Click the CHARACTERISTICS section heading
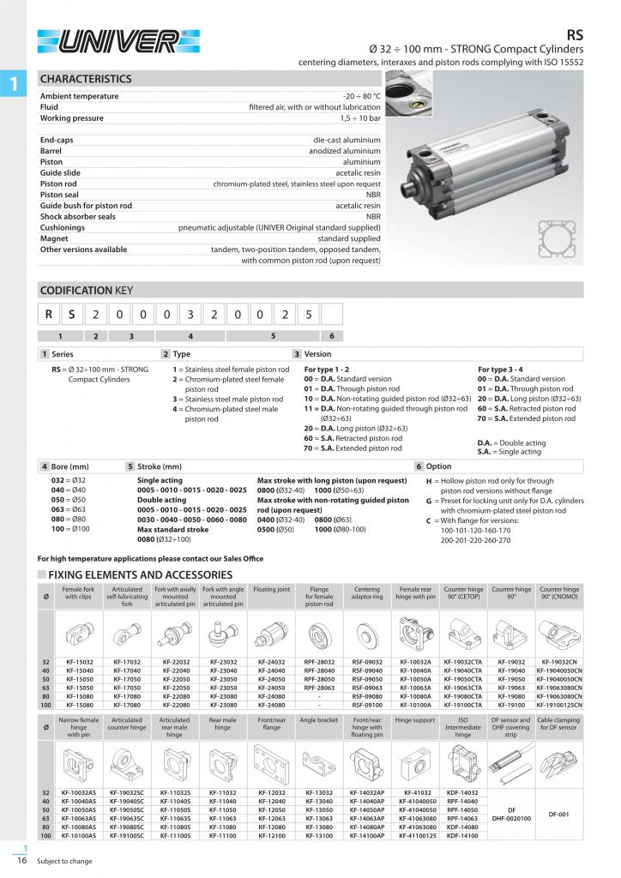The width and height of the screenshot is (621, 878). coord(86,79)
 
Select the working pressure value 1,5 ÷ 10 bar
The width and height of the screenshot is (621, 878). coord(359,118)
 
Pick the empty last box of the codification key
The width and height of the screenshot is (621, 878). coord(331,316)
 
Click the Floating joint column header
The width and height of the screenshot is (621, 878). coord(272,591)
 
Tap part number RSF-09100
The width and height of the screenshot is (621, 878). coord(368,705)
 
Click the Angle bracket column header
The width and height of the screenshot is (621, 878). coord(319,721)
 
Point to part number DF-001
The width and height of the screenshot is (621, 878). coord(559,814)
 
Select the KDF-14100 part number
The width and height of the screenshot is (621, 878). coord(463,834)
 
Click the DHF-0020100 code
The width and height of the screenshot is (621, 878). coord(511,818)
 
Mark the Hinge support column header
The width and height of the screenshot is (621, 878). coord(415,721)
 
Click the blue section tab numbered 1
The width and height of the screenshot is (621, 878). coord(13,83)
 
